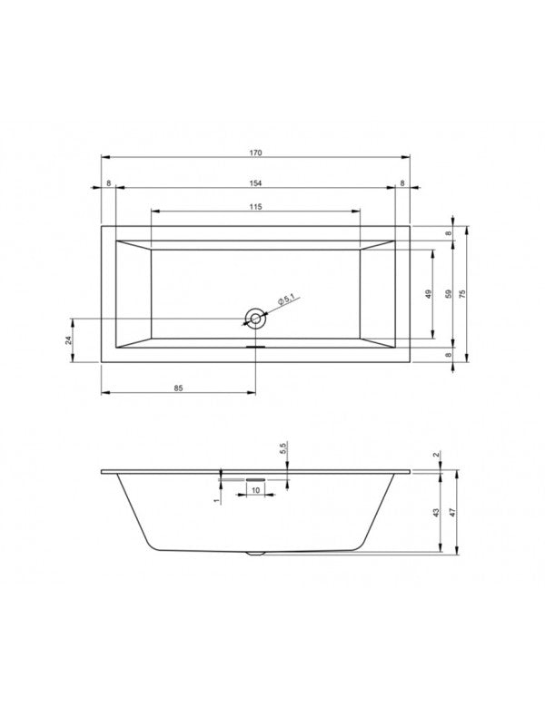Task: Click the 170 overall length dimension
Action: (254, 153)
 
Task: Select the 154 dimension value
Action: (254, 183)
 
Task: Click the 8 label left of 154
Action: (108, 183)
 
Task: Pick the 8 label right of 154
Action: (402, 183)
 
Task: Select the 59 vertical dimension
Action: (446, 293)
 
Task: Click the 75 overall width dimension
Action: (462, 293)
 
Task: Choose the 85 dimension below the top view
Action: (178, 388)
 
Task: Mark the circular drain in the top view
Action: (254, 318)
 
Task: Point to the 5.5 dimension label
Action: (283, 448)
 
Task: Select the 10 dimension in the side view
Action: (254, 490)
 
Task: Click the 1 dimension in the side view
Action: (216, 498)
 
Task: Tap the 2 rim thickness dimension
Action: (437, 455)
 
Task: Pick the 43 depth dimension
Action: (437, 513)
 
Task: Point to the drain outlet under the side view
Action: (255, 552)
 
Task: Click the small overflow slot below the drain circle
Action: (254, 344)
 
